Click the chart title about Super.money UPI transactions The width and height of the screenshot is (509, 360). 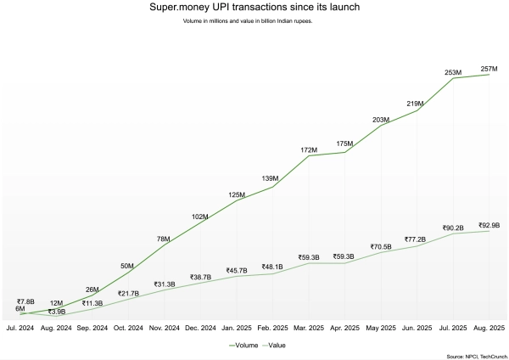click(254, 8)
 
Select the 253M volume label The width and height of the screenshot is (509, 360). click(454, 72)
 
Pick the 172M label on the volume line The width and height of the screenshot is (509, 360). click(309, 149)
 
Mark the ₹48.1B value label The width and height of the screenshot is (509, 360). click(272, 267)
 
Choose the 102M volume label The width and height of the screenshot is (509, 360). click(200, 217)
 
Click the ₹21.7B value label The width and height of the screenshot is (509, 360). click(127, 294)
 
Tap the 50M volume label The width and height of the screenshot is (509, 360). click(127, 266)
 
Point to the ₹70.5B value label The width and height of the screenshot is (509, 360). click(382, 246)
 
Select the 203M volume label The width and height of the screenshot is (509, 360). click(382, 121)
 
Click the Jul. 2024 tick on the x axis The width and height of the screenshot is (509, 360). click(20, 327)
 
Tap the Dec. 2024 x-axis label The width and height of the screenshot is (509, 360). click(200, 327)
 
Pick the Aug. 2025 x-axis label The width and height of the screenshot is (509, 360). click(489, 327)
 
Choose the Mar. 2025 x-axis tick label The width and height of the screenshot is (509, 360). click(309, 327)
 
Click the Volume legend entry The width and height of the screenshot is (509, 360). click(243, 346)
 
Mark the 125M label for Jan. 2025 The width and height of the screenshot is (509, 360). click(236, 195)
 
